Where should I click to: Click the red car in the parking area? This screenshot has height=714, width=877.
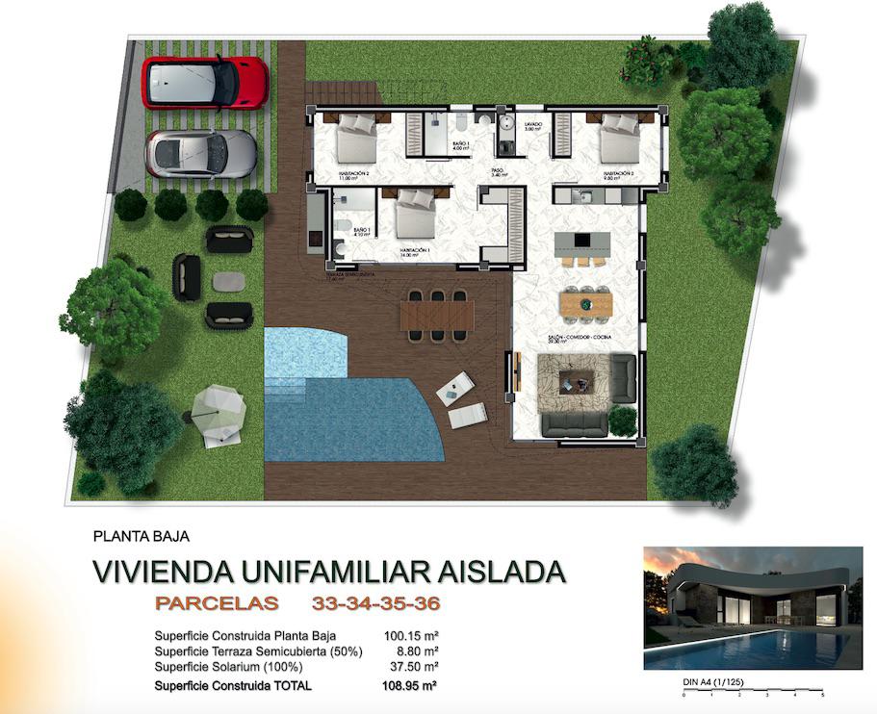coord(205,83)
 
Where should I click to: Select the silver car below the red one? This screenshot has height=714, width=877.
coord(201,153)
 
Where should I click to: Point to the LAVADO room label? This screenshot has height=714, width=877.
coord(532,126)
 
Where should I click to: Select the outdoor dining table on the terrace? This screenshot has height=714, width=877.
coord(438,313)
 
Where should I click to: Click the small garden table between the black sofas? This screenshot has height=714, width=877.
coord(228,281)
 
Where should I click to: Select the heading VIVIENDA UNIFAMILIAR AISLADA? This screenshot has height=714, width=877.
coord(327,572)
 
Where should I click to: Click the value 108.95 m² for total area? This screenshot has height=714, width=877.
coord(409,686)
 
